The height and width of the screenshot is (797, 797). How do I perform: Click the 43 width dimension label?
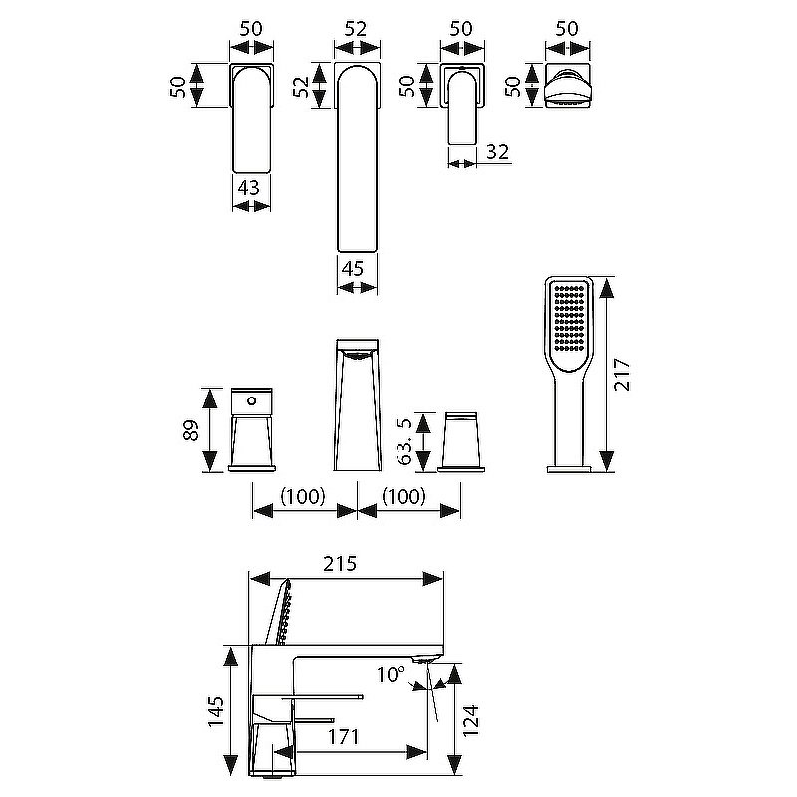coord(248,188)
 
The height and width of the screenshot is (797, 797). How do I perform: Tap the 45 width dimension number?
coord(353,268)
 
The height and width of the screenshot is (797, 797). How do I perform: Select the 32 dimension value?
coord(497,152)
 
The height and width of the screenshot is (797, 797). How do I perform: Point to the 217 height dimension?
coord(621,375)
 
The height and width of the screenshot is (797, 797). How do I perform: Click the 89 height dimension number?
coord(191,430)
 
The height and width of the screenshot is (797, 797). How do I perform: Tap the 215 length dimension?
coord(340,563)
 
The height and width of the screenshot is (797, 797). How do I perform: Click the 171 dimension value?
coord(343,736)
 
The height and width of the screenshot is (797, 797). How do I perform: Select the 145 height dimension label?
coord(216,711)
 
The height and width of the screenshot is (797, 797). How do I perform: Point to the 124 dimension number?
coord(471,720)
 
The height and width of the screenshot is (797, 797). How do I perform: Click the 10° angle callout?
coord(391,675)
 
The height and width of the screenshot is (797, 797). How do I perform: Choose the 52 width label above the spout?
coord(356,29)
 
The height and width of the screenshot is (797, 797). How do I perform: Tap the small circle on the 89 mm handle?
coord(251,401)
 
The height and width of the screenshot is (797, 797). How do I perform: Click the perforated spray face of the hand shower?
coord(569,319)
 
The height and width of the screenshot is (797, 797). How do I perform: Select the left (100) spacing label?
coord(303,496)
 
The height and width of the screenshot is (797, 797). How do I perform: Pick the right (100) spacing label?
coord(403,496)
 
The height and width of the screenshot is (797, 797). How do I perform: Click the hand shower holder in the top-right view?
coord(567,86)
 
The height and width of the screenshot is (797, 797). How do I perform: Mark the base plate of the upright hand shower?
coord(569,469)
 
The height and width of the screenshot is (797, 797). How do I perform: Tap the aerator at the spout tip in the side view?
coord(422,660)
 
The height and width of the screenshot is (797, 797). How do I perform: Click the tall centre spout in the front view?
coord(357,404)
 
